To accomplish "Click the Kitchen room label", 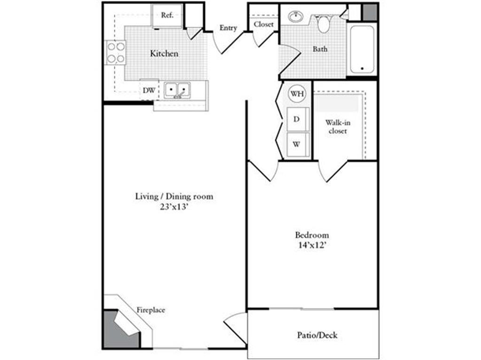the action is pyautogui.click(x=164, y=53).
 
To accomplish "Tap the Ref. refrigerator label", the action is pyautogui.click(x=167, y=15).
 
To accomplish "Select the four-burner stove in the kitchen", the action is pyautogui.click(x=116, y=52).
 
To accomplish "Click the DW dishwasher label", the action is pyautogui.click(x=149, y=90).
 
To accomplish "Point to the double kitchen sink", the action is pyautogui.click(x=177, y=90).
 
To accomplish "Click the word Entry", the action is pyautogui.click(x=228, y=28).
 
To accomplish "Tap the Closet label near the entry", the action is pyautogui.click(x=264, y=24).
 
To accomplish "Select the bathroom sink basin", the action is pyautogui.click(x=296, y=16).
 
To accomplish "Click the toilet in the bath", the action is pyautogui.click(x=323, y=23).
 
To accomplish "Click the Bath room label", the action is pyautogui.click(x=320, y=49).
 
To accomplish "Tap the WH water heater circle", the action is pyautogui.click(x=297, y=93).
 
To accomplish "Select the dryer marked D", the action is pyautogui.click(x=298, y=119).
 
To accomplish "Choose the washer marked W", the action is pyautogui.click(x=298, y=144).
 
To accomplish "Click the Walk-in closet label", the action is pyautogui.click(x=338, y=127).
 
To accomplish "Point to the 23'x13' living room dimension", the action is pyautogui.click(x=174, y=207).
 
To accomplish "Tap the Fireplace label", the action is pyautogui.click(x=151, y=310).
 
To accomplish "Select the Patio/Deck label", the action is pyautogui.click(x=317, y=335).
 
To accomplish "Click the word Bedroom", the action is pyautogui.click(x=312, y=235).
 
